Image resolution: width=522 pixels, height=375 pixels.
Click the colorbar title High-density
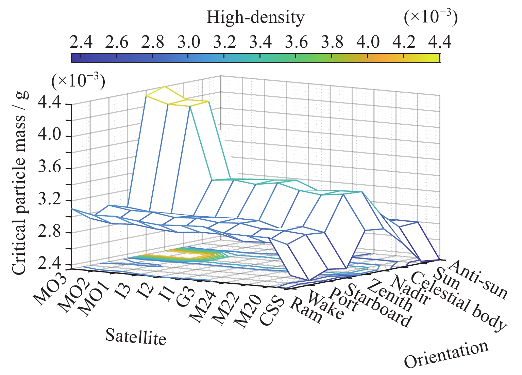coord(255,18)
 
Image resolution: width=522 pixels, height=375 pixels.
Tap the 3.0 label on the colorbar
coord(189,43)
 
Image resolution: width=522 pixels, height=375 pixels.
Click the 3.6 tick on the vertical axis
coord(51,168)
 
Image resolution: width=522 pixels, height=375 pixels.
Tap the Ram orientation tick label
coord(305,310)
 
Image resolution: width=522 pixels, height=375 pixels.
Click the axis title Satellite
coord(135,337)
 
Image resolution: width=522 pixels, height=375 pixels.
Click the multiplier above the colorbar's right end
coord(431,17)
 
